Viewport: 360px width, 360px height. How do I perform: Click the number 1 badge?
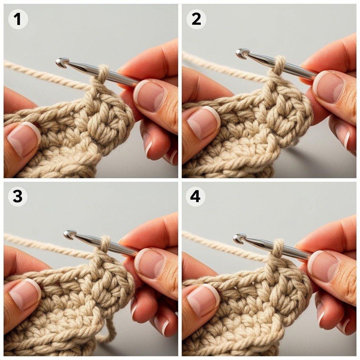[x=18, y=19]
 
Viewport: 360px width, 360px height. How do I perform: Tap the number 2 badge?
[x=196, y=19]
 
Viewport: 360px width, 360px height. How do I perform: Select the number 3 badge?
[x=18, y=197]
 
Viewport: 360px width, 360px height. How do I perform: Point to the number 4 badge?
[x=195, y=197]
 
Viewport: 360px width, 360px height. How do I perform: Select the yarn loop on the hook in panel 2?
[x=279, y=65]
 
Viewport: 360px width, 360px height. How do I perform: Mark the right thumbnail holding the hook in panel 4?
[x=323, y=266]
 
